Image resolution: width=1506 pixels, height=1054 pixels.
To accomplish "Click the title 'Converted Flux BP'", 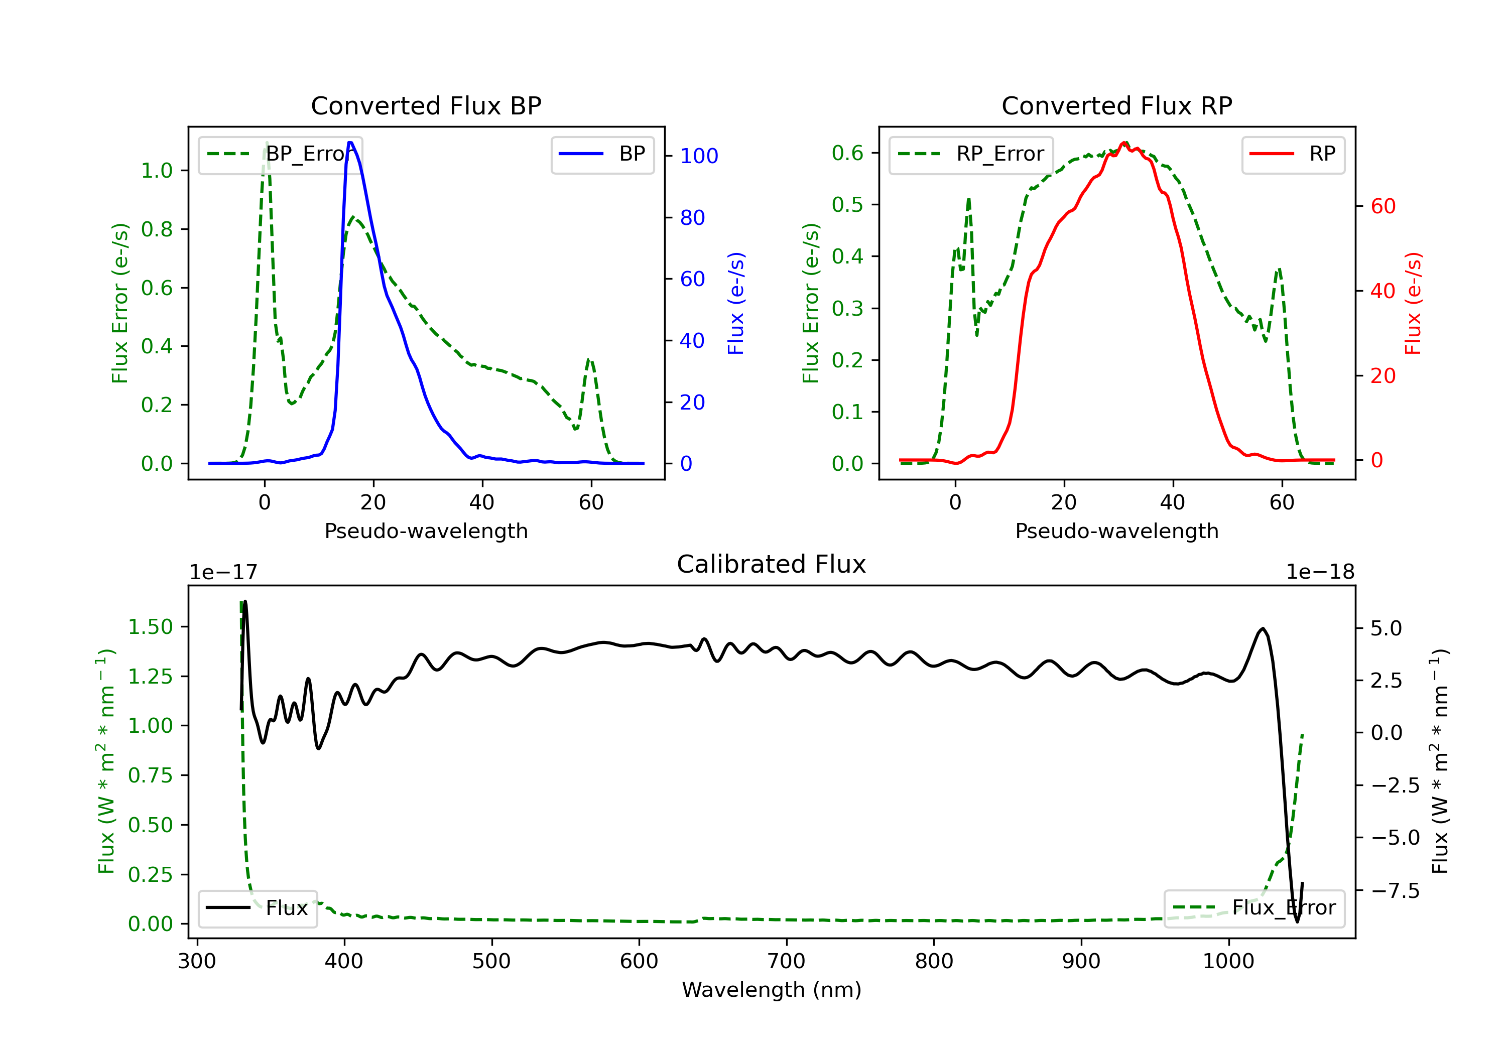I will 426,105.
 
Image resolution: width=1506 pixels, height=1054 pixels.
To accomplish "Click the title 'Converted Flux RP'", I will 1116,105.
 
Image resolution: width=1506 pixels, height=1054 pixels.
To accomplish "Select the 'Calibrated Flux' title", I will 772,564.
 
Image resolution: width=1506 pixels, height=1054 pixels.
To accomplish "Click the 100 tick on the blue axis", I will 699,156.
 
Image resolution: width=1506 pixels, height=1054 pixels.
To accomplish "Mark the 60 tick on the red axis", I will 1383,207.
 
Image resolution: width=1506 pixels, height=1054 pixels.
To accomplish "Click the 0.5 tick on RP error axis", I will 847,205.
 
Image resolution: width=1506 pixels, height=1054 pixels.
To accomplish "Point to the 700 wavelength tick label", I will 787,962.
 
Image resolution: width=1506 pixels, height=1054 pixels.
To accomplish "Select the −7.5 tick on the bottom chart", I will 1395,891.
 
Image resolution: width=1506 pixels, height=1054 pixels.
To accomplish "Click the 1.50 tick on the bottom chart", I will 150,627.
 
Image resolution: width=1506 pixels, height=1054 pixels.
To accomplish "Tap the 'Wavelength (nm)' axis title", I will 772,990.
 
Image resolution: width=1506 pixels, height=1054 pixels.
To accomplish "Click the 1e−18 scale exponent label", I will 1320,573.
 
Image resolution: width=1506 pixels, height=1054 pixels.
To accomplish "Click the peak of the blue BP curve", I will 351,143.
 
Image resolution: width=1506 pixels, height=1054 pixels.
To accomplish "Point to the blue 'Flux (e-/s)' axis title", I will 736,303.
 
